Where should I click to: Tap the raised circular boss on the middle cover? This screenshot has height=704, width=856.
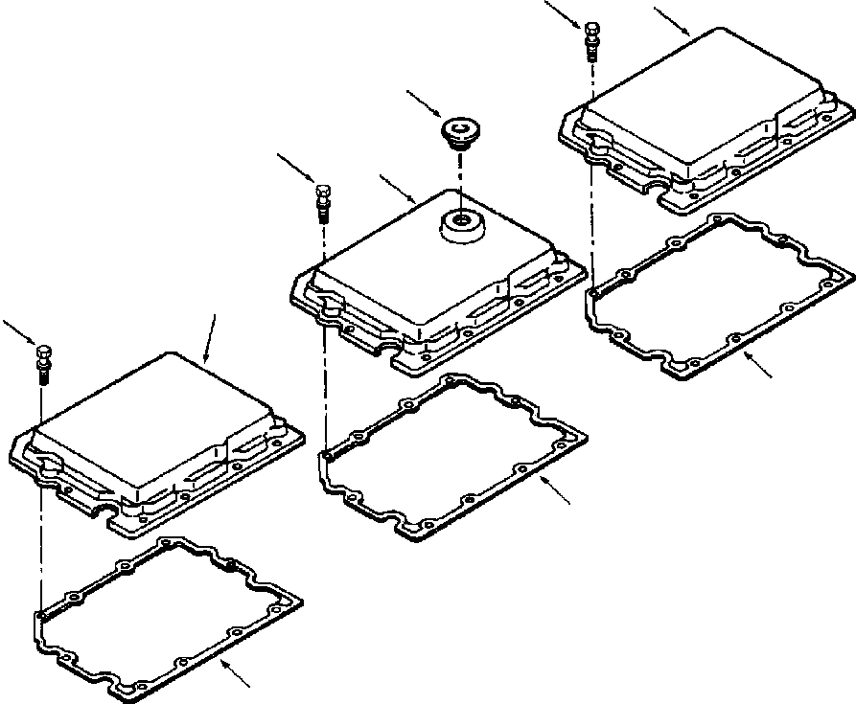(461, 226)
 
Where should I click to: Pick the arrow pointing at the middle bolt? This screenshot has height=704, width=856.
(295, 167)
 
